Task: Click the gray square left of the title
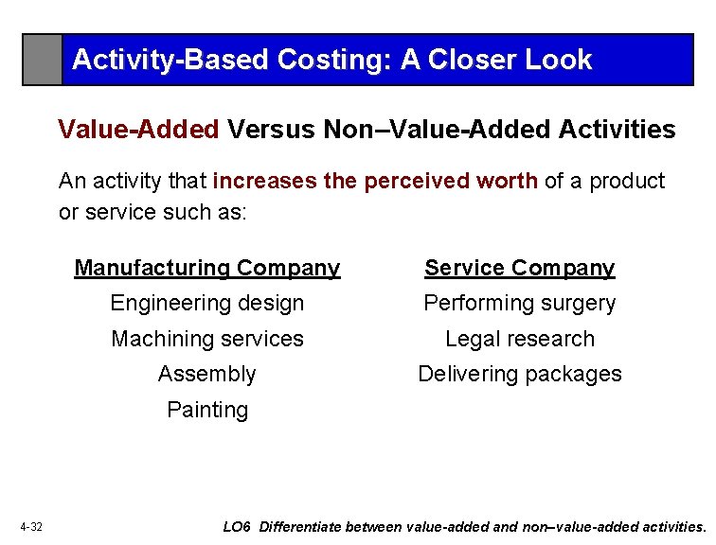(x=43, y=60)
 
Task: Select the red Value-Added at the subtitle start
(x=138, y=129)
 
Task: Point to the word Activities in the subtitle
(x=618, y=129)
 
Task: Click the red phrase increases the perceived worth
(x=376, y=181)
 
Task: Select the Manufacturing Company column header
(x=206, y=268)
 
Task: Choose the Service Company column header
(x=519, y=268)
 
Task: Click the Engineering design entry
(x=206, y=304)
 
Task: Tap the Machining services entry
(x=206, y=339)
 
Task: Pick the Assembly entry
(x=206, y=374)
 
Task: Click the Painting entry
(x=206, y=410)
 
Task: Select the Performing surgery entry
(x=519, y=304)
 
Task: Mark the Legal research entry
(x=519, y=339)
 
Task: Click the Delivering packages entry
(x=519, y=374)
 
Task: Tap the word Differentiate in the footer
(x=300, y=527)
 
